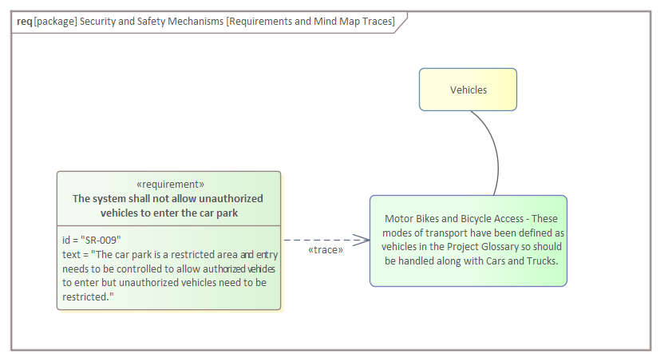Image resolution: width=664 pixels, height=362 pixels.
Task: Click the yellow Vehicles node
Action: pos(468,90)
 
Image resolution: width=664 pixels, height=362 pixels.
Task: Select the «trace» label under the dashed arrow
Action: pos(326,250)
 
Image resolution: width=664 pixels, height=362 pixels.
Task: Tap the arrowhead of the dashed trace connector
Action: pos(363,239)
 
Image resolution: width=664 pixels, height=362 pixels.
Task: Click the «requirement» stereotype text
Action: pos(170,184)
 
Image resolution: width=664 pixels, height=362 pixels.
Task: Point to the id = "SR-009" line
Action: pos(92,240)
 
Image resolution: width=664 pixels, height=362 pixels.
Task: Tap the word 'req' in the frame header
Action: pos(24,21)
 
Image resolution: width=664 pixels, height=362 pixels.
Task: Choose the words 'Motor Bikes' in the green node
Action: pos(412,218)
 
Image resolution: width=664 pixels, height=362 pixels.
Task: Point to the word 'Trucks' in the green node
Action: pos(542,261)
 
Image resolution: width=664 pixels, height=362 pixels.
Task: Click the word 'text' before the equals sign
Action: pos(70,254)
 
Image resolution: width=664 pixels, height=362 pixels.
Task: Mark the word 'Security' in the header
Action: pos(101,21)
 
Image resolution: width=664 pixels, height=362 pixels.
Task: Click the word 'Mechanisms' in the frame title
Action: pos(192,21)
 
